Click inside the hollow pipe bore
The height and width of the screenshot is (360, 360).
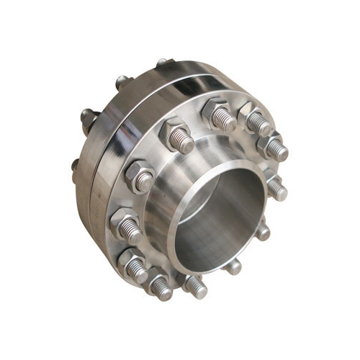pos(216,216)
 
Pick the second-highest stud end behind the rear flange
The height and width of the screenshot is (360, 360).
pos(122,81)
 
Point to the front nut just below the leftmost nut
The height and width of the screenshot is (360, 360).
pos(132,262)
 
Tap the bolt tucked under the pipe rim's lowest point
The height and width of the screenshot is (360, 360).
pos(194,287)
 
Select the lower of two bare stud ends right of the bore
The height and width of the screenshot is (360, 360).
pos(264,232)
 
